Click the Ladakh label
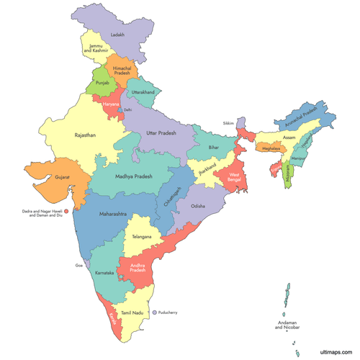point(118,35)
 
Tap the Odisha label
point(198,206)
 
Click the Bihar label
point(213,147)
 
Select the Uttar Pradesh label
point(161,134)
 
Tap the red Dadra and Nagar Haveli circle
point(66,212)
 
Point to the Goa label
point(79,266)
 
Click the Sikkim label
point(229,123)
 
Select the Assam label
point(289,136)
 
